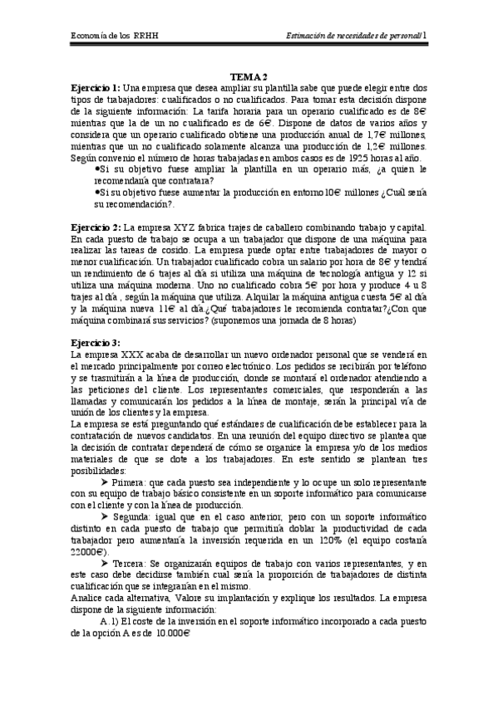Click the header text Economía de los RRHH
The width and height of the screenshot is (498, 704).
point(112,37)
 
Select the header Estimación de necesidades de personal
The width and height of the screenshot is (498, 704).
point(353,37)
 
